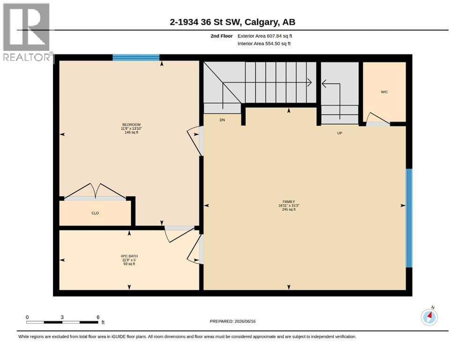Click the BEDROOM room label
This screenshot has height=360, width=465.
(132, 125)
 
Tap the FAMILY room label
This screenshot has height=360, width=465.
(289, 202)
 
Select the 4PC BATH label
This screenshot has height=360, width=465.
(129, 256)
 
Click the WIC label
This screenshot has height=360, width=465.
(384, 92)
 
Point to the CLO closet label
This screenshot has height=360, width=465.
(95, 213)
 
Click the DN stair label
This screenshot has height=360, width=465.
(222, 120)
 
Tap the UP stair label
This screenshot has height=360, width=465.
(340, 133)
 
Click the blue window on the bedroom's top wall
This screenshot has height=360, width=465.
(136, 58)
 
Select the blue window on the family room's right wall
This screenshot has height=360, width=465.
(409, 218)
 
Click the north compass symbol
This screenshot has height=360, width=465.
(429, 317)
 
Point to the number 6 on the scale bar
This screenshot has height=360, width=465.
(98, 317)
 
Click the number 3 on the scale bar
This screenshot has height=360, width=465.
(62, 317)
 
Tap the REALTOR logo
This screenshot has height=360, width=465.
(27, 32)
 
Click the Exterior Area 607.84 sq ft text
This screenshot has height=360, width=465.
(265, 36)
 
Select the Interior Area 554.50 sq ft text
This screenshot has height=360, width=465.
(264, 44)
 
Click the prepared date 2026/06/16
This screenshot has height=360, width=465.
(245, 321)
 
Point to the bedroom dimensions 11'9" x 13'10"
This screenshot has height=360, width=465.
(132, 128)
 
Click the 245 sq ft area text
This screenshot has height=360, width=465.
(289, 209)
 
